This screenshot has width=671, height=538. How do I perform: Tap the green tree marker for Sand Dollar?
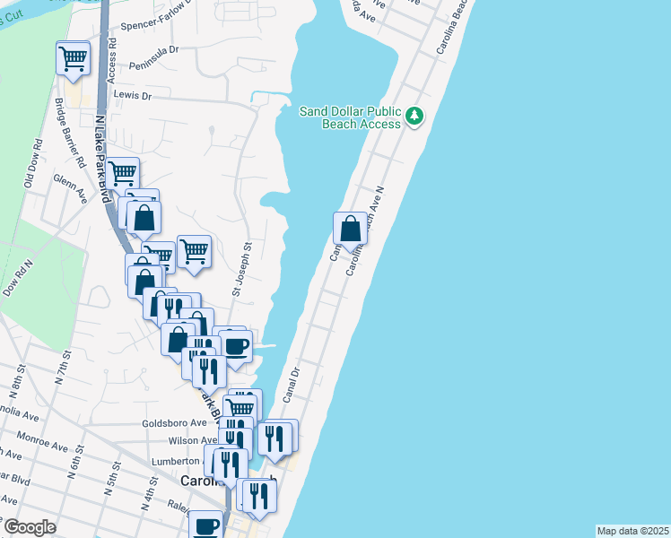414,116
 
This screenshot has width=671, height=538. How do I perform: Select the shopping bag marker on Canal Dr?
350,229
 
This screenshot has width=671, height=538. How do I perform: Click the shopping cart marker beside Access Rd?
73,59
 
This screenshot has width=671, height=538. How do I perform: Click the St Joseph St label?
239,267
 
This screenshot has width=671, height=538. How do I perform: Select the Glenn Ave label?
70,180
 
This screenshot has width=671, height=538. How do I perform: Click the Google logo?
30,528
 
